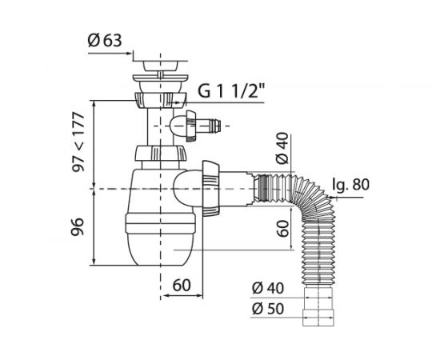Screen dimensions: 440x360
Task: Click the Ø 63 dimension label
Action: pos(105,41)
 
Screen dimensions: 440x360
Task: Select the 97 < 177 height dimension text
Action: pos(78,142)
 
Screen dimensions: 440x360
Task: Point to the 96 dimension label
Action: pos(78,226)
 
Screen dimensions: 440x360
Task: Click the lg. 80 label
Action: pos(350,185)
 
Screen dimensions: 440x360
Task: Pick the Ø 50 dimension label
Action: pos(268,309)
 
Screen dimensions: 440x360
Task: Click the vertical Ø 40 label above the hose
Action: pos(282,148)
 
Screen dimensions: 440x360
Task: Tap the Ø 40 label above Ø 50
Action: pos(268,288)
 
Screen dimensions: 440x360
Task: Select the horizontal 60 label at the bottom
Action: pos(182,285)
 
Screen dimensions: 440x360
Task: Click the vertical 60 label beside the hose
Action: pos(282,229)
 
